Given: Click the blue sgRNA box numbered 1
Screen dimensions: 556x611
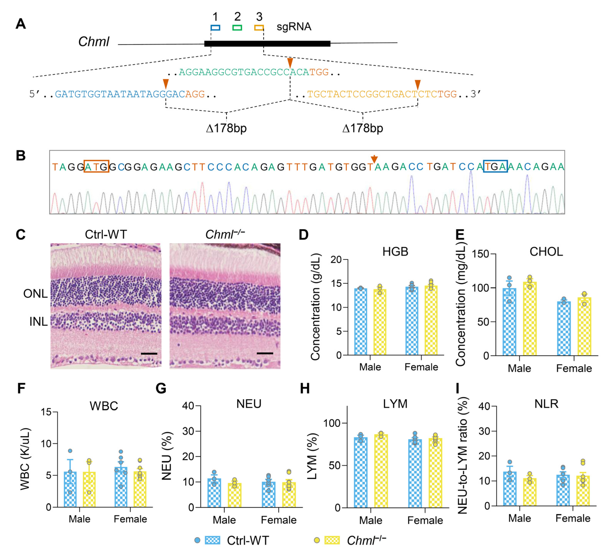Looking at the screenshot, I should [x=215, y=28].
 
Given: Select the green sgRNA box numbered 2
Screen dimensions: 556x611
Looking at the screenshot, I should [x=237, y=28].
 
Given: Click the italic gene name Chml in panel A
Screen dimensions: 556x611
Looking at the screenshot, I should [x=94, y=42].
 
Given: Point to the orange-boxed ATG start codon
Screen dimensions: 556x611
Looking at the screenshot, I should [x=96, y=166].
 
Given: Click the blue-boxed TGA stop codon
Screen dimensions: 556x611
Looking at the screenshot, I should [x=495, y=166].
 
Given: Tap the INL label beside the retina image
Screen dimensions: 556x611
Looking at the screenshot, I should [x=38, y=321].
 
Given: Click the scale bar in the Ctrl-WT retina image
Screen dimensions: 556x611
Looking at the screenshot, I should [x=149, y=353].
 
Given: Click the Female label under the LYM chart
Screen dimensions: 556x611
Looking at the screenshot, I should [x=425, y=521].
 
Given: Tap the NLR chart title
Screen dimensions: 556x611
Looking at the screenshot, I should [x=546, y=404].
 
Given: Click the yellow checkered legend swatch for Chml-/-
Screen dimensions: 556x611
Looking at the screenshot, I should [x=332, y=540].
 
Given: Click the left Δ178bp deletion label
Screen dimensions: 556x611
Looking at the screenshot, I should [x=226, y=128].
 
